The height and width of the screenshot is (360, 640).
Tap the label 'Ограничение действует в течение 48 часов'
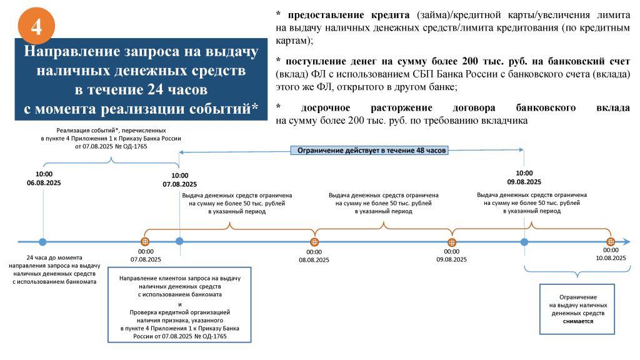(371, 150)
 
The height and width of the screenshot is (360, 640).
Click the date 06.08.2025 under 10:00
(44, 183)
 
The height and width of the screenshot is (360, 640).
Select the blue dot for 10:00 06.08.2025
(43, 242)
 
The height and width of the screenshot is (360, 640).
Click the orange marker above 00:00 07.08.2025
(145, 242)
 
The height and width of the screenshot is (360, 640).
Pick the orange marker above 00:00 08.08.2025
(314, 242)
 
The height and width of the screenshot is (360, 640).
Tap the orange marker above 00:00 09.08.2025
(451, 242)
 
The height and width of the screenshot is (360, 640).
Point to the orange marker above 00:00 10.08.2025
(610, 242)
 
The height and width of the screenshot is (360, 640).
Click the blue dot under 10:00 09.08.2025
(524, 242)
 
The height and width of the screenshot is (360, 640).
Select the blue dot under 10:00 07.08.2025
(179, 241)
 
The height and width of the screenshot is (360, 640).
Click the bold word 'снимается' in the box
(578, 321)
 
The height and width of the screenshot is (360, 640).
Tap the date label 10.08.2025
(611, 258)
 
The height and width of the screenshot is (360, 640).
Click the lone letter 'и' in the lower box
(180, 304)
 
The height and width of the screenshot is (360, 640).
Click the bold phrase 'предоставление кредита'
(349, 15)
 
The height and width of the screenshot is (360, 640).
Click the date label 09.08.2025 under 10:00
(524, 182)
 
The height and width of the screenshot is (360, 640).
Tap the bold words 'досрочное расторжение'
(366, 107)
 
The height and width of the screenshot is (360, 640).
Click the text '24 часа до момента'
(54, 257)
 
